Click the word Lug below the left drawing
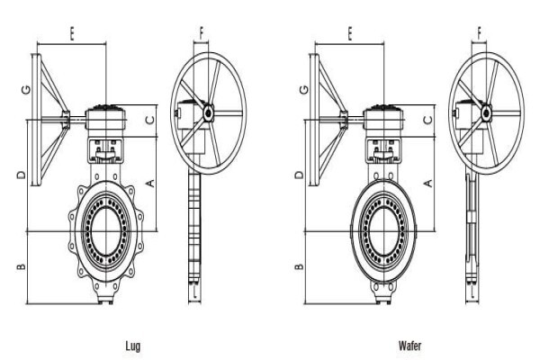coord(133,346)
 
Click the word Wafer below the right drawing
coord(409,346)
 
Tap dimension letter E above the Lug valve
coord(72,33)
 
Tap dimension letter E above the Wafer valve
coord(350,33)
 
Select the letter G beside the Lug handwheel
coord(26,90)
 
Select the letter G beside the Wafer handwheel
coord(304,90)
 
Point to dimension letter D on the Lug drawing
coord(22,175)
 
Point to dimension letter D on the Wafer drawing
coord(300,175)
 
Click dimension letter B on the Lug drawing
coord(22,266)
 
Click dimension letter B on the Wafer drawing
coord(300,266)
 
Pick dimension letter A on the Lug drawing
coord(150,184)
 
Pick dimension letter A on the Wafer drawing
coord(428,184)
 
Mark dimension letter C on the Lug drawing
coord(150,120)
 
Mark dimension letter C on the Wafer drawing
coord(427,120)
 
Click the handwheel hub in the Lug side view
coord(209,112)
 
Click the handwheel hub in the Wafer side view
coord(486,112)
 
